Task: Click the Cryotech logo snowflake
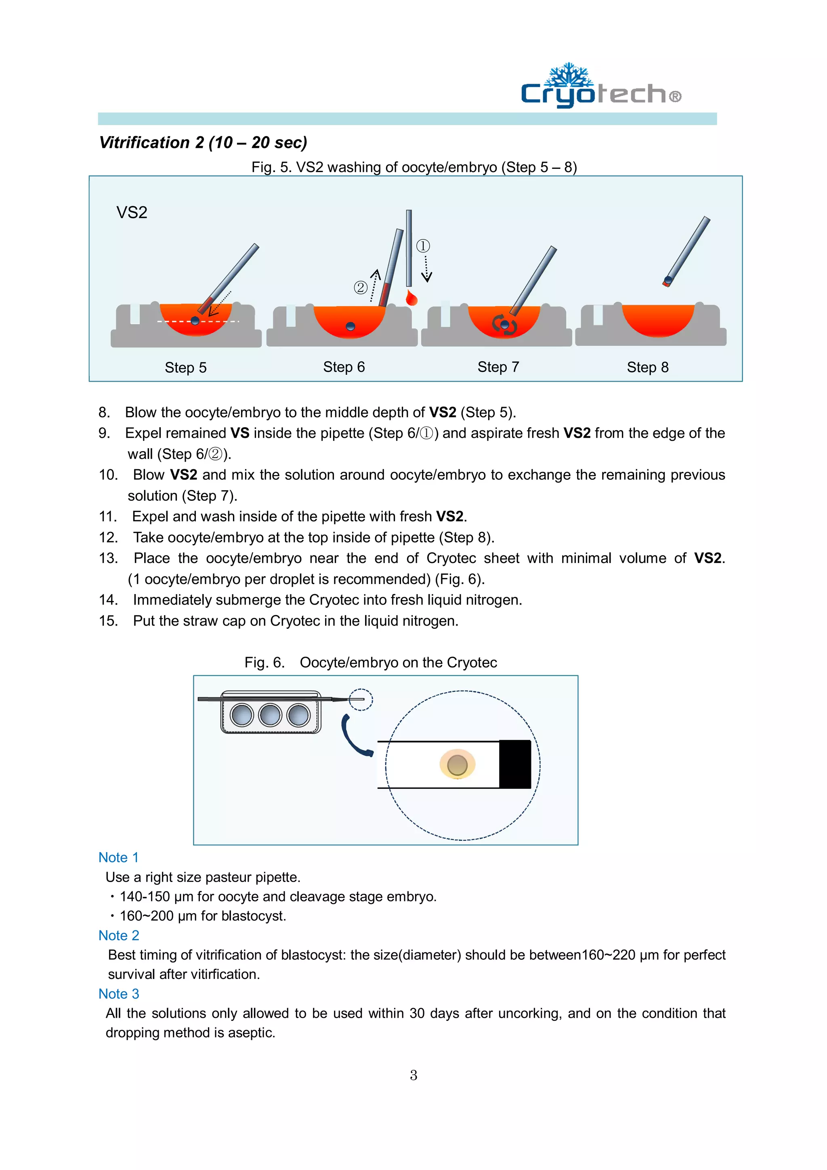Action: [568, 76]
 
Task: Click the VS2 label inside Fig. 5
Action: [132, 212]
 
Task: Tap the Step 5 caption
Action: [185, 368]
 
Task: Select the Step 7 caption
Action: [498, 367]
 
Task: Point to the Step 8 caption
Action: [647, 367]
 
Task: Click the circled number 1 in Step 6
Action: [423, 246]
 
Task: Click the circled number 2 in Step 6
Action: [360, 288]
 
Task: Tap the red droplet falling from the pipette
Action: [411, 298]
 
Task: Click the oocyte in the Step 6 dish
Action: [351, 327]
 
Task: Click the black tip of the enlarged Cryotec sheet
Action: [514, 765]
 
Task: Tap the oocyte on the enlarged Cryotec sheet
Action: [457, 765]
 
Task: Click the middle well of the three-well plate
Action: [270, 715]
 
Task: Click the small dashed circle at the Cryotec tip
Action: [361, 699]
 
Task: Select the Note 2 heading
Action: [119, 936]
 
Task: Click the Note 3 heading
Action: [119, 994]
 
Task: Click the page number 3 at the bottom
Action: [413, 1075]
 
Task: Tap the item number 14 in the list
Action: [108, 600]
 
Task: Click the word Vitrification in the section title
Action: [145, 143]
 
